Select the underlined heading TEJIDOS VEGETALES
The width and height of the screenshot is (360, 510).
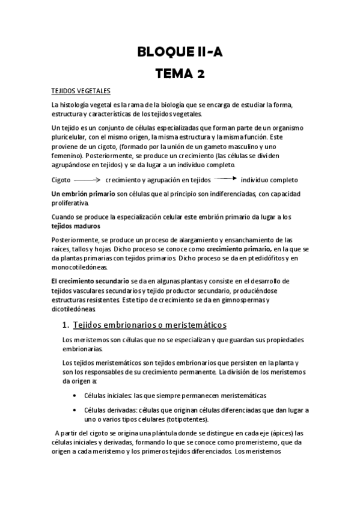tap(81, 91)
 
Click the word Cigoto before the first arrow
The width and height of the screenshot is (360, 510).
tap(61, 180)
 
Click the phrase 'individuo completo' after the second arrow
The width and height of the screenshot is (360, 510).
tap(269, 180)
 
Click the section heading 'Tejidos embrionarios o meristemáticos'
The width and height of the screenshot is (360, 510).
tap(149, 325)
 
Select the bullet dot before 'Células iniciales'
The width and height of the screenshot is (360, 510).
tap(74, 395)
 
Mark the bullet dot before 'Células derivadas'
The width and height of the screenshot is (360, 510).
tap(74, 410)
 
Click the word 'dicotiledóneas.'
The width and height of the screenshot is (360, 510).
tap(73, 309)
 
